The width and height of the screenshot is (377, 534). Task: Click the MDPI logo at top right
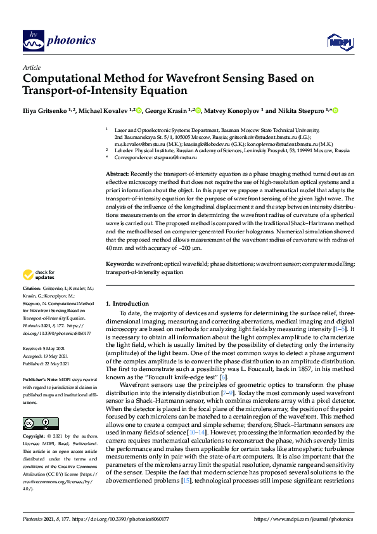(x=339, y=42)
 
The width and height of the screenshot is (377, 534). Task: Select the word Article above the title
(x=31, y=67)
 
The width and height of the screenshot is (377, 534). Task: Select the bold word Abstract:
(x=118, y=173)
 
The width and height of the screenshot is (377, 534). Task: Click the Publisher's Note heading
(x=44, y=379)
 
